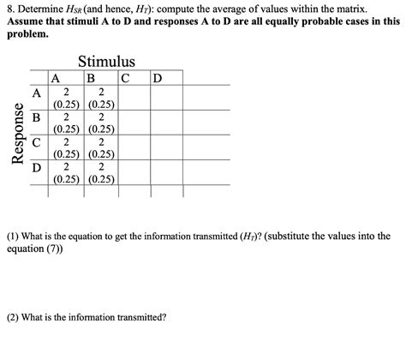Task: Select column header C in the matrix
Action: [x=125, y=79]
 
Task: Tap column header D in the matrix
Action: [x=156, y=79]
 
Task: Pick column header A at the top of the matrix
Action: [x=56, y=79]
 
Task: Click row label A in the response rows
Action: [x=37, y=93]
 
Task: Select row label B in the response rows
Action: [x=36, y=117]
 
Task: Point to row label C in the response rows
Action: [x=36, y=142]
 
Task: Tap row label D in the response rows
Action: [x=36, y=167]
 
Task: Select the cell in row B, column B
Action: [x=101, y=123]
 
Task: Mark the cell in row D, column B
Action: [x=101, y=173]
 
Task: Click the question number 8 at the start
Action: [x=9, y=8]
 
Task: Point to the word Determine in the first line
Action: [x=44, y=8]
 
